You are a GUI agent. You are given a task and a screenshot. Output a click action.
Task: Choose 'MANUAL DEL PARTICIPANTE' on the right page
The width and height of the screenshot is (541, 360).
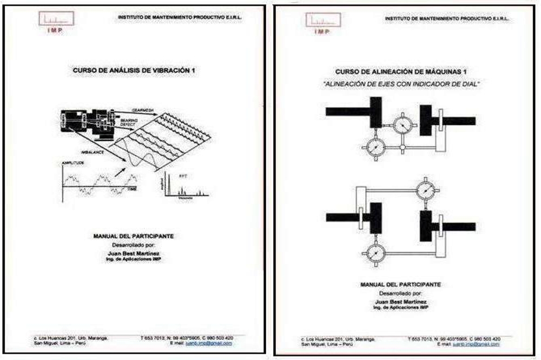coord(400,284)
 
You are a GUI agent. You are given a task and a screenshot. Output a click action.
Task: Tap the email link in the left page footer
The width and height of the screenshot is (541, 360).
coord(209,343)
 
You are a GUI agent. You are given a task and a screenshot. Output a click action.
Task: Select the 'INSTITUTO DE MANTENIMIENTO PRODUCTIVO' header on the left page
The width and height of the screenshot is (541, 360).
coord(180,17)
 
